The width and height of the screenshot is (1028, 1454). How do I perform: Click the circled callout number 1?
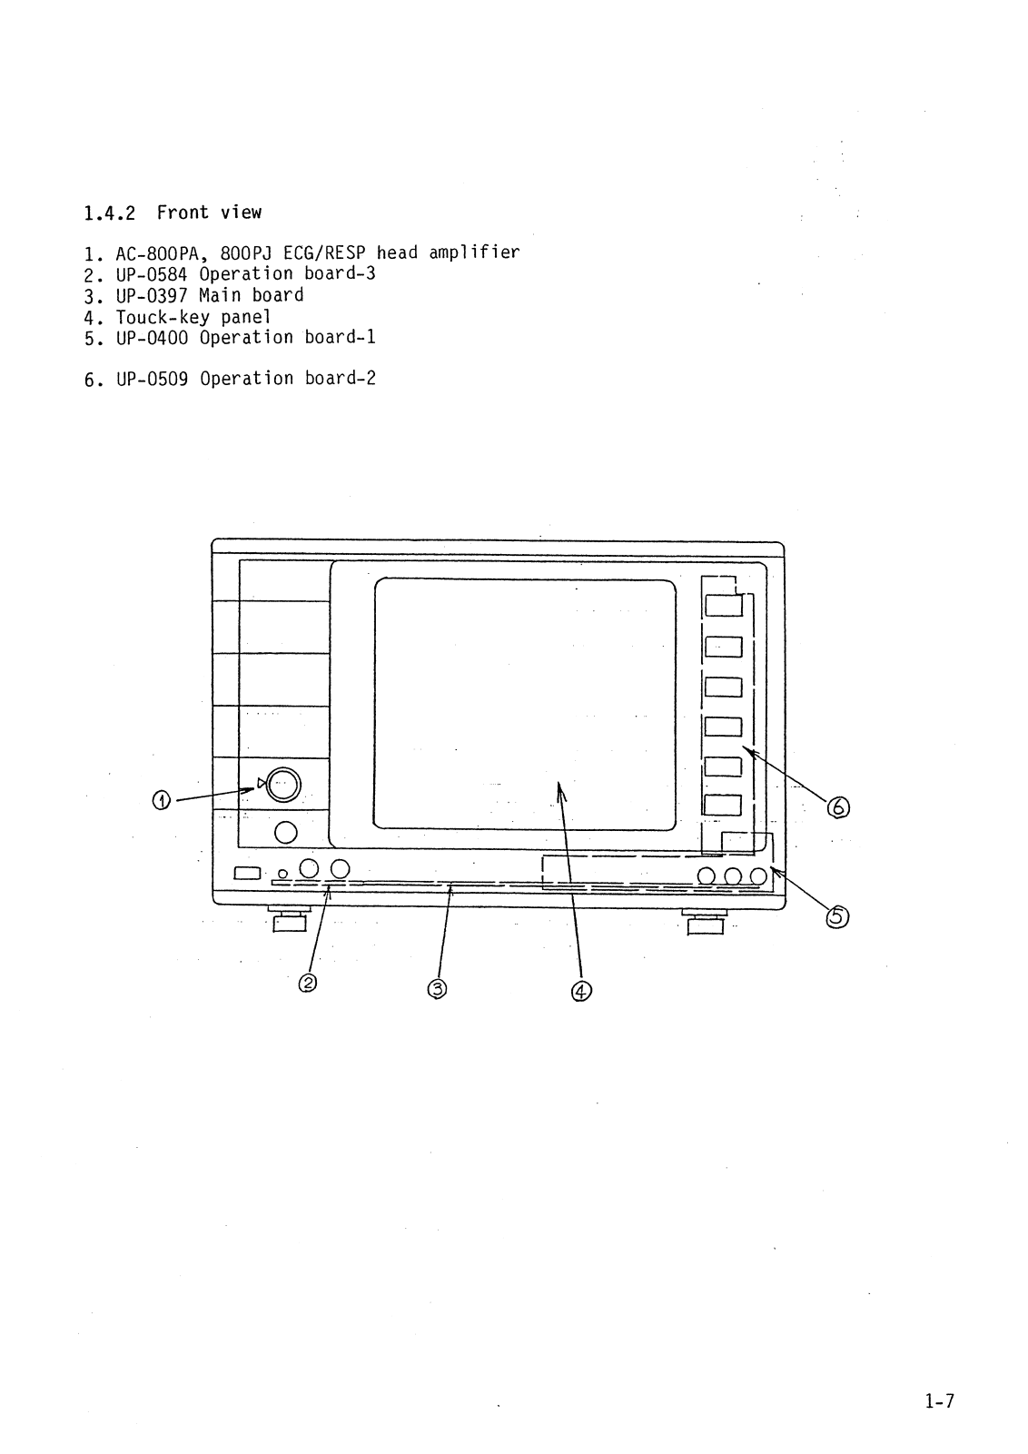[x=161, y=800]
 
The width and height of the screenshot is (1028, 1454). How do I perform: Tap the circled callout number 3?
[x=437, y=988]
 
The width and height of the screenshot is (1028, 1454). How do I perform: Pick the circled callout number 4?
[x=580, y=991]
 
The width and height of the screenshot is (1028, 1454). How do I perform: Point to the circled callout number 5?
[x=835, y=917]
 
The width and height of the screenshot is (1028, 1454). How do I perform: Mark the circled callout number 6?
[x=837, y=806]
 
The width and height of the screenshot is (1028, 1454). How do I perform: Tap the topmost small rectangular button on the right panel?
[x=724, y=605]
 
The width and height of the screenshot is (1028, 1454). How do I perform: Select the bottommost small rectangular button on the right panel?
[x=724, y=806]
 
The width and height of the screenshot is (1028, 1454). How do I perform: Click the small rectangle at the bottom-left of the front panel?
[x=247, y=874]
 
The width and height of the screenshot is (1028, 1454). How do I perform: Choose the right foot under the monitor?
[x=706, y=925]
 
